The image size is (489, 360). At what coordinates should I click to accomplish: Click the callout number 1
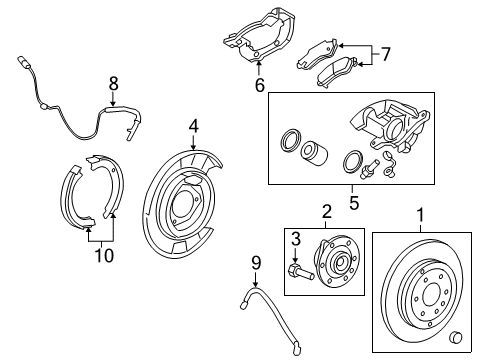[419, 213]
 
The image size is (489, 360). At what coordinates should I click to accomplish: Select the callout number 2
[325, 213]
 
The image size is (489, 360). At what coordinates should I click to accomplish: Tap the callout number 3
[295, 238]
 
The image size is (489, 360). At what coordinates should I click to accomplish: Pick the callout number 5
[351, 200]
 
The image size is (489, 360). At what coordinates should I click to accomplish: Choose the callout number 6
[258, 87]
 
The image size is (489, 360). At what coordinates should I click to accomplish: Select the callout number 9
[255, 263]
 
